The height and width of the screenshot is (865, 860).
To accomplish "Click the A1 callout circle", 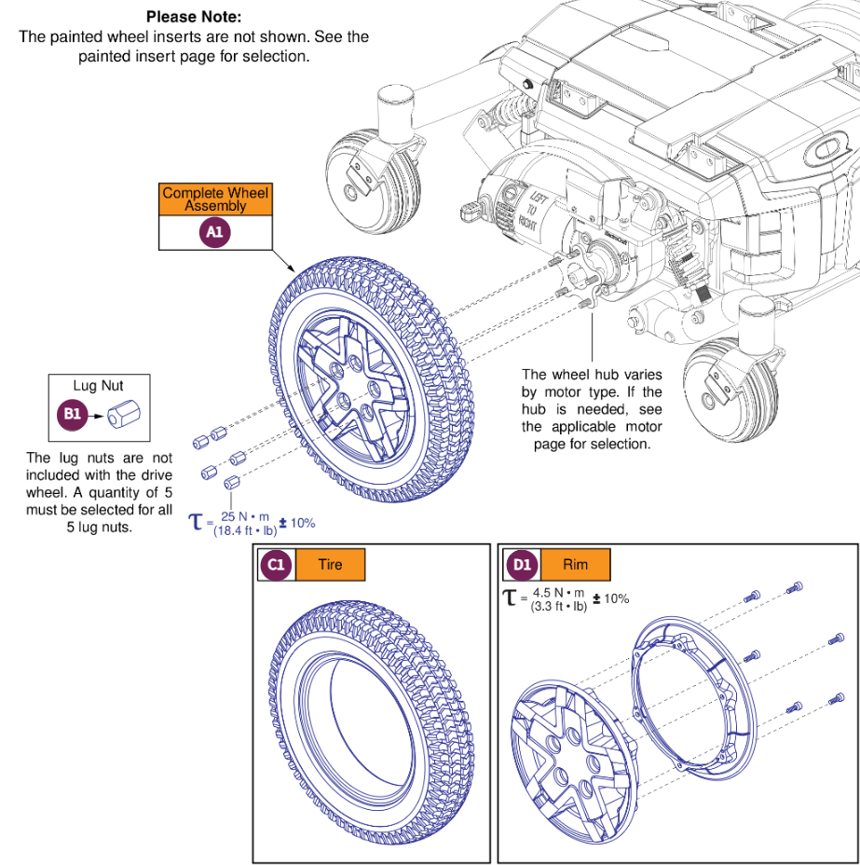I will pos(215,233).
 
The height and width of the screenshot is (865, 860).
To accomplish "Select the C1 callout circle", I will pos(277,565).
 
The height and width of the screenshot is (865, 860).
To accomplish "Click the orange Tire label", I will pos(330,565).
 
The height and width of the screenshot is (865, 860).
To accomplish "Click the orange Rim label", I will pos(575,565).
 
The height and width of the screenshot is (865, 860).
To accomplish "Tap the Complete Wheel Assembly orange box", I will pos(215,199).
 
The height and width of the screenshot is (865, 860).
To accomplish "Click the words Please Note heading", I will pos(194,17).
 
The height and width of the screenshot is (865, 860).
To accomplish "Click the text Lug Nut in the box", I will pos(98,385).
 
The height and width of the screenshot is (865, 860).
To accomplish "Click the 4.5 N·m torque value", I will pos(558,593).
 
